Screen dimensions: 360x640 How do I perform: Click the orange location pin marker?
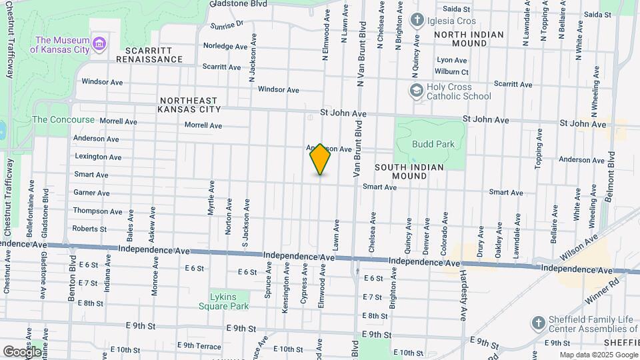click(320, 159)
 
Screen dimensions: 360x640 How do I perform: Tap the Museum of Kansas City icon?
click(100, 45)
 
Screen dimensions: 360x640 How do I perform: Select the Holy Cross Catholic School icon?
click(417, 91)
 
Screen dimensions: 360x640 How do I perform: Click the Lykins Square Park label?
click(223, 301)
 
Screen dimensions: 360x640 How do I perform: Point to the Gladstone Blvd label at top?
click(238, 4)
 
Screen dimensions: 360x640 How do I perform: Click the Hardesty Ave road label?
click(463, 294)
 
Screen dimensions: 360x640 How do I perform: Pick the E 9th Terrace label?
click(199, 345)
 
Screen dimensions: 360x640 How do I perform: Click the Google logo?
click(22, 351)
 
